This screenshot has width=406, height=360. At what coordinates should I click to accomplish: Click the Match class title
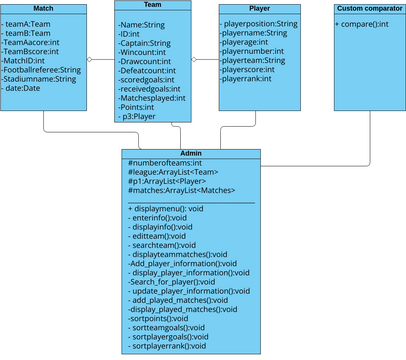tap(42, 8)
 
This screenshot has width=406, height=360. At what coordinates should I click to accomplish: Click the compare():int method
tap(362, 22)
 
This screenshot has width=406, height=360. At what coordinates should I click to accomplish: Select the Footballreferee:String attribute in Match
tap(42, 69)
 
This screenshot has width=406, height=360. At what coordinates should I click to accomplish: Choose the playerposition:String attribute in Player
tap(259, 22)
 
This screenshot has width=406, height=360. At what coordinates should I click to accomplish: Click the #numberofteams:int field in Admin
tap(165, 163)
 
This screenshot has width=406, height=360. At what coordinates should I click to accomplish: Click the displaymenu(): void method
tap(166, 208)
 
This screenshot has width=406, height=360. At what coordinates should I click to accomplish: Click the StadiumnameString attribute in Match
tap(40, 79)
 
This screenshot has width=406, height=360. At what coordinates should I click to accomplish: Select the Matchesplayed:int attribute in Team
tap(152, 98)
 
